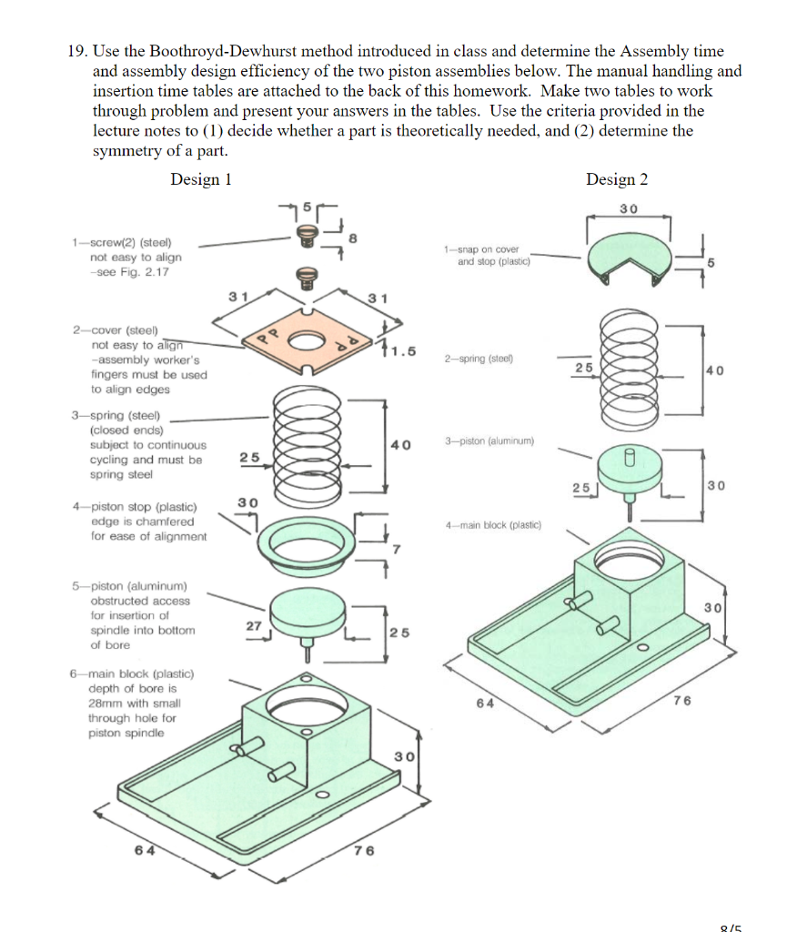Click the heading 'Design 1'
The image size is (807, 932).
[x=201, y=179]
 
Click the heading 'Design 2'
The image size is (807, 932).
[x=617, y=179]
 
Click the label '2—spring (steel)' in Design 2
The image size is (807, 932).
[x=479, y=359]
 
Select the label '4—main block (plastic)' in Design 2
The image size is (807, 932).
[x=493, y=524]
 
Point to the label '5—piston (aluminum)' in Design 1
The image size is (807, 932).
[x=128, y=585]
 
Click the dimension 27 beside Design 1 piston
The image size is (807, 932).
[x=253, y=625]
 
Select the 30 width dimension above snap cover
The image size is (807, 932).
[x=628, y=208]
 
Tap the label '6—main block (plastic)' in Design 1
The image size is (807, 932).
[x=132, y=674]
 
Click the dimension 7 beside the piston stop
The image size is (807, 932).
[x=396, y=549]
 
